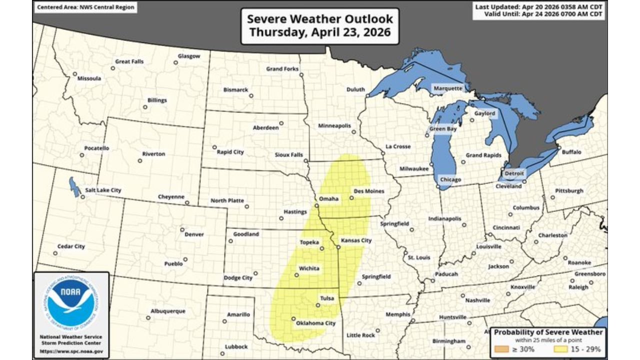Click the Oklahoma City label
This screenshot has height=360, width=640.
pos(315,323)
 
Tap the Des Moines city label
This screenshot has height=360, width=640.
pos(368,191)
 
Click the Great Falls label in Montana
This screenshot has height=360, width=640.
pos(129,61)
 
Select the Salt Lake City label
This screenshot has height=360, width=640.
pos(103,190)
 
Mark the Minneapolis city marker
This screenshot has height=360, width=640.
pos(353,132)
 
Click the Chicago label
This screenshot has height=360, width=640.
pos(450,179)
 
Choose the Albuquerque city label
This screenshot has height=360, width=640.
pos(168,311)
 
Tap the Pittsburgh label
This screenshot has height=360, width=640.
pos(569,191)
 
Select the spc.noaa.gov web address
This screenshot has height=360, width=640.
pos(71,351)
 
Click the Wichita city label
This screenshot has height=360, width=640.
pos(309,268)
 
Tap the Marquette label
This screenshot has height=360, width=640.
pos(448,88)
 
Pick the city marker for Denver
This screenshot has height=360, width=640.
pos(182,229)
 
